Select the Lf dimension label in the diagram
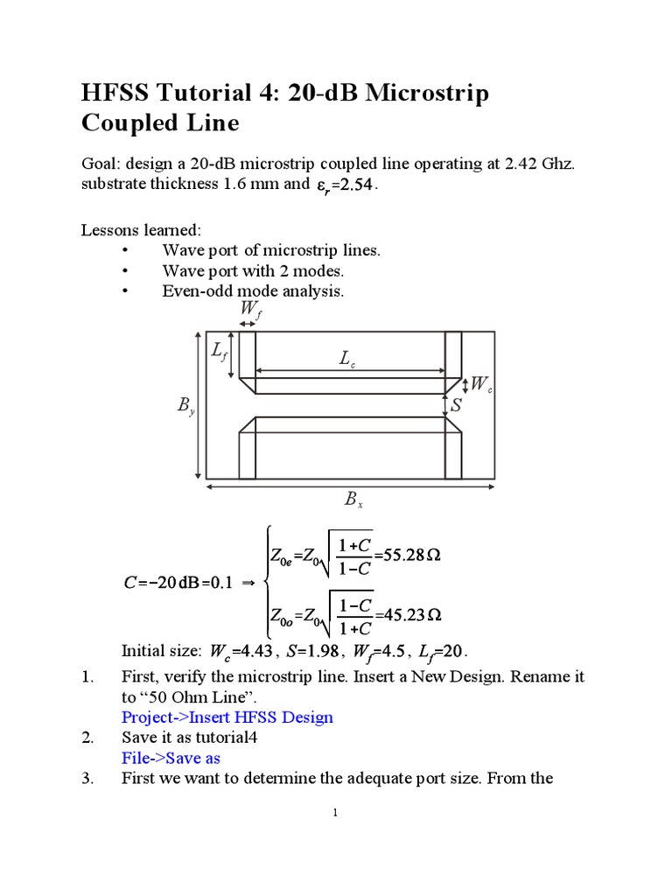(220, 352)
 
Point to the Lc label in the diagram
(347, 358)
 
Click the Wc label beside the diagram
(481, 384)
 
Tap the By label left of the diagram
(185, 406)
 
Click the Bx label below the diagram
(353, 500)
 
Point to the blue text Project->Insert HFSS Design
(227, 717)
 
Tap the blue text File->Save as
(171, 758)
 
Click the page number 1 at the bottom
(335, 813)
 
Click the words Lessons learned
(141, 230)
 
